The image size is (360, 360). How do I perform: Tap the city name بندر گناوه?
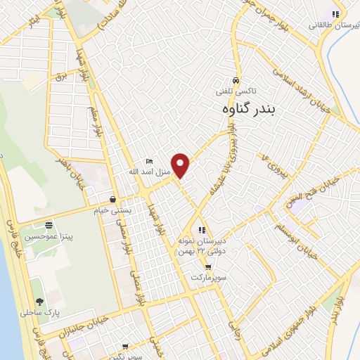point(246,109)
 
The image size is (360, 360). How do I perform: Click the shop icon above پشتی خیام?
point(112,199)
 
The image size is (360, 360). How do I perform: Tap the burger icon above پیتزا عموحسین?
point(48,226)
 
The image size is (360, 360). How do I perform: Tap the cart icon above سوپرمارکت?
point(207,266)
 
